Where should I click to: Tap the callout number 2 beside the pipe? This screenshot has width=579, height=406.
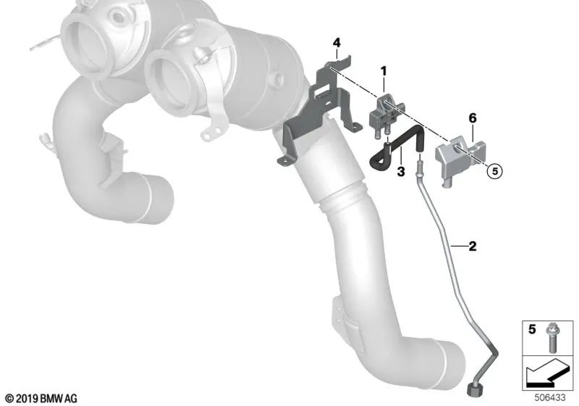pyautogui.click(x=472, y=247)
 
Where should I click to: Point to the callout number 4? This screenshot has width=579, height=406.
pyautogui.click(x=336, y=43)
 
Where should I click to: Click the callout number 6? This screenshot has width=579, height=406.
pyautogui.click(x=472, y=117)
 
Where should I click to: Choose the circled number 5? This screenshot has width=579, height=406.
pyautogui.click(x=494, y=172)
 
